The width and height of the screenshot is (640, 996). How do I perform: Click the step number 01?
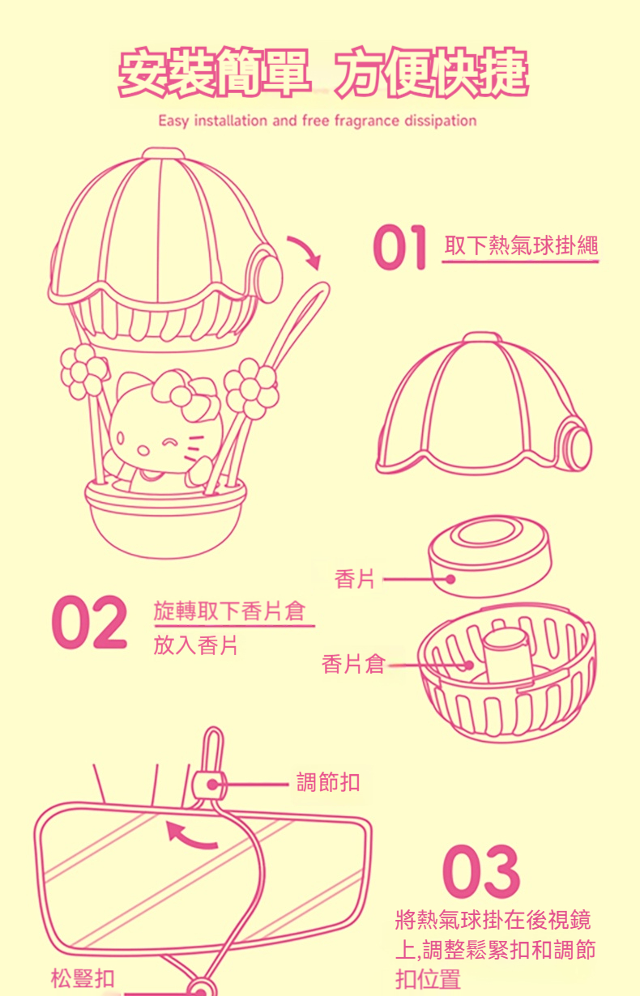point(399,248)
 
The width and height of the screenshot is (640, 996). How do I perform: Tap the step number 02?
point(89,623)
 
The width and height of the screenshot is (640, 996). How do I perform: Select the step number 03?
point(481,871)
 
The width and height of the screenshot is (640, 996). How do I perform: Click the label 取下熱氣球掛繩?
point(521,245)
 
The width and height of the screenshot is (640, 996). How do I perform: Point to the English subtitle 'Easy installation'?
point(317,121)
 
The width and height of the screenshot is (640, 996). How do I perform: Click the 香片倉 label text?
point(352,664)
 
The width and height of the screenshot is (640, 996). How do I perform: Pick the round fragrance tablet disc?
point(489,554)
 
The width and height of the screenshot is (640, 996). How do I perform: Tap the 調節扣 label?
point(328,782)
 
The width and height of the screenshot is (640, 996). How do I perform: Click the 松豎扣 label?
point(83,977)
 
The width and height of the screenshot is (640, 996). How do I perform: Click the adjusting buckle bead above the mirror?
point(209,784)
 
